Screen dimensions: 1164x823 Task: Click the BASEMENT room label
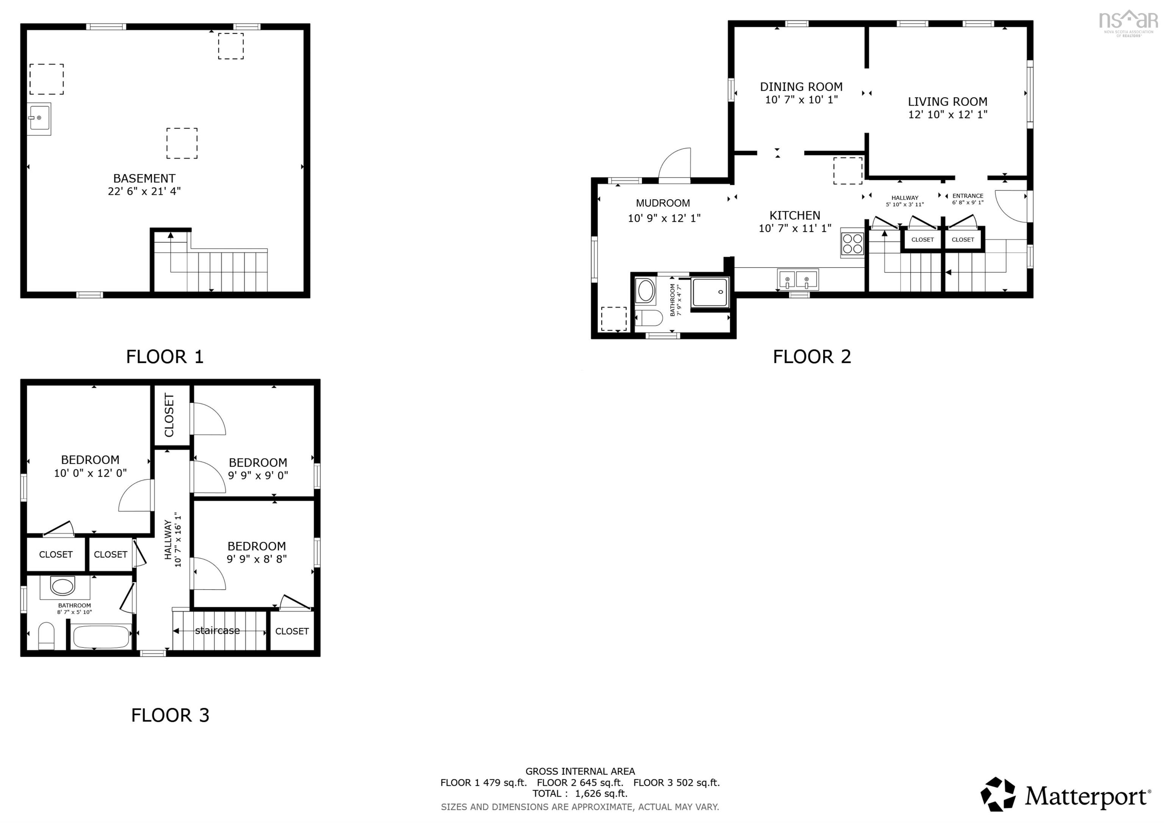pos(144,178)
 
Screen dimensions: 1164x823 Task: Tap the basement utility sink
pos(39,119)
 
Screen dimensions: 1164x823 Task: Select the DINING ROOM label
pos(801,87)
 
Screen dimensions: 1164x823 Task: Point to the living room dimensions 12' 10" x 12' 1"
pos(948,114)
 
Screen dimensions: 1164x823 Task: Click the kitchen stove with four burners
pos(852,243)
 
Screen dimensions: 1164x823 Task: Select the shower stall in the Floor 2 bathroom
pos(710,292)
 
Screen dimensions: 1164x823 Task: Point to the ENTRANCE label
pos(967,196)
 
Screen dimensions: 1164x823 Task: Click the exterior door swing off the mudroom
pos(675,163)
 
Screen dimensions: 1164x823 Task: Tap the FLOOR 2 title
pos(812,357)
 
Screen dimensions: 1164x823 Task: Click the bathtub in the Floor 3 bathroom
pos(100,637)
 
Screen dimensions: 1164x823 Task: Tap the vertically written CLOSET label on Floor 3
pos(169,415)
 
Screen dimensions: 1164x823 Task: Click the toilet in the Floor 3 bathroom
pos(46,636)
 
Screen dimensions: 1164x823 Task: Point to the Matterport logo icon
pos(998,795)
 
